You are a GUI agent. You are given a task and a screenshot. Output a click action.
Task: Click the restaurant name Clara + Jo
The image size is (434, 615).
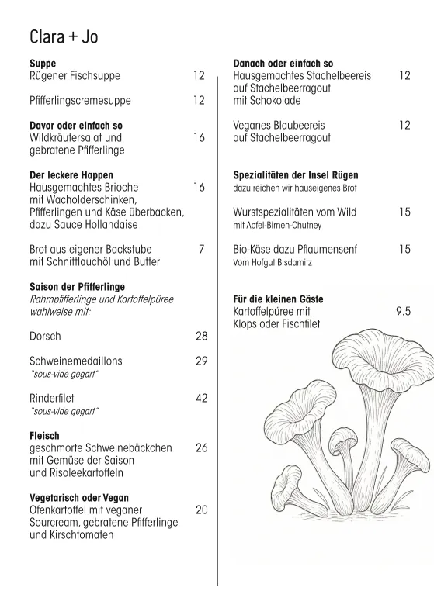(64, 37)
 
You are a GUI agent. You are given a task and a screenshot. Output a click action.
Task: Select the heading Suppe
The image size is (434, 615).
(43, 63)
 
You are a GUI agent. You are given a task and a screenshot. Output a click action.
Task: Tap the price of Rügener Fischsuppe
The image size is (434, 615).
(199, 75)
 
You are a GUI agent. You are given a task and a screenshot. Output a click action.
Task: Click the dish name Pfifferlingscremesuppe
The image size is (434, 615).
(80, 100)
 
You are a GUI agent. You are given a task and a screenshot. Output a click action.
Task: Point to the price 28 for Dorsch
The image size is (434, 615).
(201, 337)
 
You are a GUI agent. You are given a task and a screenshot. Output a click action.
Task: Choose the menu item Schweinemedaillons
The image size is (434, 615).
(75, 361)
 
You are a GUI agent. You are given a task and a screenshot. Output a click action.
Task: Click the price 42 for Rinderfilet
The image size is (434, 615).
(201, 397)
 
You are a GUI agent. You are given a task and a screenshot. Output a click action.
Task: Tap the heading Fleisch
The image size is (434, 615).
(44, 437)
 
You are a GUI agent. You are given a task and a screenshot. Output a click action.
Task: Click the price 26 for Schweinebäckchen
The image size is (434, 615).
(201, 448)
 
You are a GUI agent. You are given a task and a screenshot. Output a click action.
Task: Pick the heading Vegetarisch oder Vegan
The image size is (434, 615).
(79, 497)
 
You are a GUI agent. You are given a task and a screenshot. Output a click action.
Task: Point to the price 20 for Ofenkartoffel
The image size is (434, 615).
(201, 510)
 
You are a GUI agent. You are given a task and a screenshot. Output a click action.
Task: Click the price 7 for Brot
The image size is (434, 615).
(201, 249)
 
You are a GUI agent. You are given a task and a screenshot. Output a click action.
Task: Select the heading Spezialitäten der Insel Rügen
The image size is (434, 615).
(296, 175)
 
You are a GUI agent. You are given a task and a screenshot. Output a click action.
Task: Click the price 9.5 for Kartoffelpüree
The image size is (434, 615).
(402, 311)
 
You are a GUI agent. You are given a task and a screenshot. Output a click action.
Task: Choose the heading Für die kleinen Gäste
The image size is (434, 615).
(278, 299)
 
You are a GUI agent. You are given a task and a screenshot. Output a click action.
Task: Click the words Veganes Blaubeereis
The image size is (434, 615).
(279, 125)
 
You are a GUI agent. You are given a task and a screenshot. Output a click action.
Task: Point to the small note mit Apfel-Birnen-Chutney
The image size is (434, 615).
(277, 225)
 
